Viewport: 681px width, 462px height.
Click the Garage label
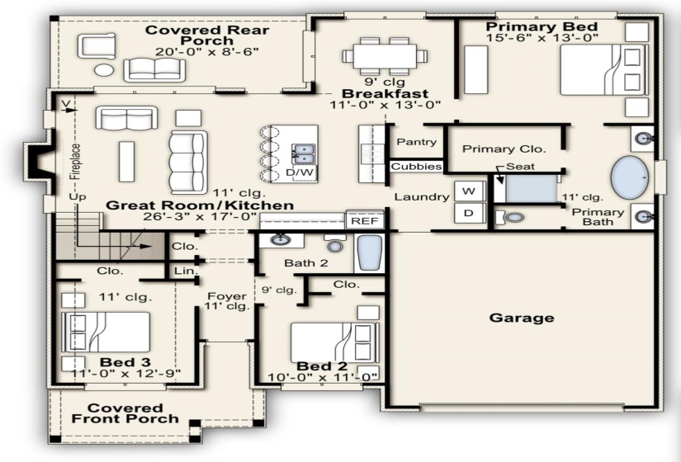[522, 318]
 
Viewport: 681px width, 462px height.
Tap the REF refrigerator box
[365, 220]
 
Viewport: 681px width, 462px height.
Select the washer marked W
[469, 191]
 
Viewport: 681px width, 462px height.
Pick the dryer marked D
[469, 213]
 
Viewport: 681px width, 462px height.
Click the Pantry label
[417, 142]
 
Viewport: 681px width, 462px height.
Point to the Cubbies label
[416, 167]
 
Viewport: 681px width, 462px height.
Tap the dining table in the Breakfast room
[385, 56]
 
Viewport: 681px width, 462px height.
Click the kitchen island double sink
[304, 153]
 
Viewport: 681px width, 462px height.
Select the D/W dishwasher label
[300, 172]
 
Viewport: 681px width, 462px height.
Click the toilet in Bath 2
[335, 244]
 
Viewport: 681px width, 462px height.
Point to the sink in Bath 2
[278, 239]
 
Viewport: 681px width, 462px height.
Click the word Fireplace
[76, 161]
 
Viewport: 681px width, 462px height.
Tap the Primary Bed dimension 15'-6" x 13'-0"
[541, 38]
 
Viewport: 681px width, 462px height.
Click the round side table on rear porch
[104, 69]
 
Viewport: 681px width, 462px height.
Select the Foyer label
[227, 296]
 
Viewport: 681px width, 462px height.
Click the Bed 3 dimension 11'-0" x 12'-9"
[125, 374]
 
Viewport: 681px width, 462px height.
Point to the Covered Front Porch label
[125, 413]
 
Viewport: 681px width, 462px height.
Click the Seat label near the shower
[520, 167]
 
